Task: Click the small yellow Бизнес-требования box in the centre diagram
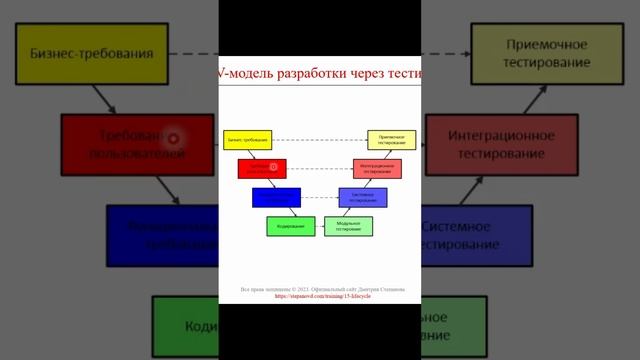tap(246, 140)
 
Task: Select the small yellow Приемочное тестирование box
tap(391, 140)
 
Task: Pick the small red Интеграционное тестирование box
tap(377, 168)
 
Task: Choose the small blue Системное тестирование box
tap(362, 197)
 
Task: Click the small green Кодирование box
tap(290, 226)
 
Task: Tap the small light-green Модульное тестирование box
tap(348, 226)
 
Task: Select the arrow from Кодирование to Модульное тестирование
tap(319, 226)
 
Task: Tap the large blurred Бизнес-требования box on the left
tap(91, 54)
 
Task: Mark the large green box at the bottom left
tap(185, 328)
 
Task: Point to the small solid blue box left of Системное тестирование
tap(276, 197)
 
